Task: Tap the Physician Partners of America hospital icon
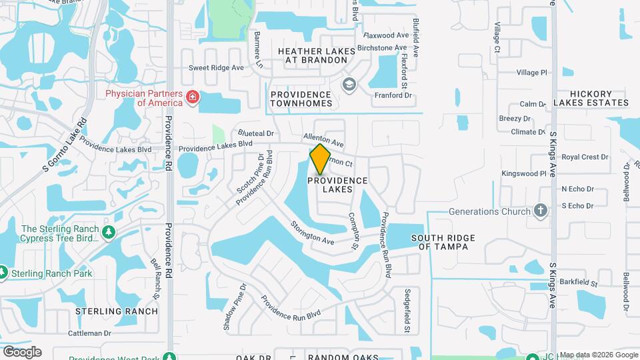(193, 98)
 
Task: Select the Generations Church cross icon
(541, 211)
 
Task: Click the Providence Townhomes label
(301, 99)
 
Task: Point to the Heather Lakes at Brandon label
(313, 55)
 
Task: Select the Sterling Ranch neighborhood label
(117, 311)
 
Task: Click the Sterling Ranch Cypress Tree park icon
(109, 231)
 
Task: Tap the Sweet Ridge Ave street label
(216, 68)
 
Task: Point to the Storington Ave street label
(312, 233)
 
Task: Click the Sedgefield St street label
(407, 311)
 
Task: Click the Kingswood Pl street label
(524, 173)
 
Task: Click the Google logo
(22, 352)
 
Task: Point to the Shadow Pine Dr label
(234, 307)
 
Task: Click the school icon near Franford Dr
(348, 84)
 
